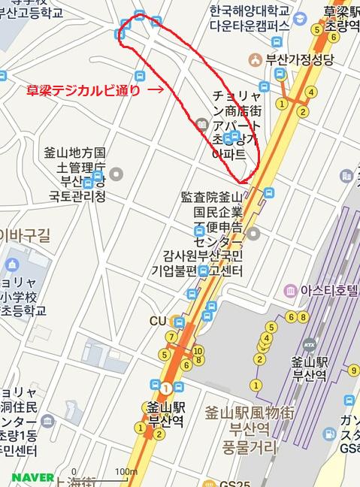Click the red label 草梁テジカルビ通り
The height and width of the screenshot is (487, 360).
click(83, 89)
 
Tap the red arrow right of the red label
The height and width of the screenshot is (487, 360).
click(156, 89)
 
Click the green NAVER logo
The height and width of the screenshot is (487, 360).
click(33, 477)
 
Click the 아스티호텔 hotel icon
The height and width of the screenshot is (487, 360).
click(289, 290)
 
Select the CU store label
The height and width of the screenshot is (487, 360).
click(157, 321)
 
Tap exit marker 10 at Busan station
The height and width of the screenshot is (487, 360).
click(198, 351)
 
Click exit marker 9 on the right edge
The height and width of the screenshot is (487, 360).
click(353, 370)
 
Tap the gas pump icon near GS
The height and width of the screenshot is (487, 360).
click(329, 434)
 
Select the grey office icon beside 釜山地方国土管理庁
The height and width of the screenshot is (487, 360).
click(116, 174)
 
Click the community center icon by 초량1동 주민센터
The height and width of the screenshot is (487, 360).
click(47, 421)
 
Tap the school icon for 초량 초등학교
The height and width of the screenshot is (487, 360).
click(11, 265)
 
